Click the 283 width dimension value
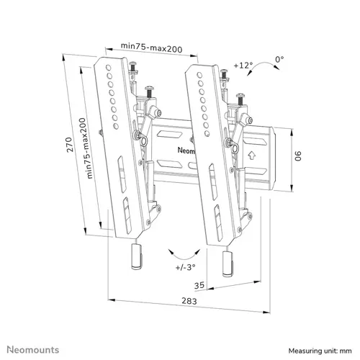pos(189,301)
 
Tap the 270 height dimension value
pos(70,145)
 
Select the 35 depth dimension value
pos(199,285)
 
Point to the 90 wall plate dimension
pos(297,156)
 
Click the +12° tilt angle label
pos(243,65)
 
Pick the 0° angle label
pos(279,59)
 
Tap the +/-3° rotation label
pos(185,267)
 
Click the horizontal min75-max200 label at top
pos(151,48)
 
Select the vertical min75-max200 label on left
pos(86,148)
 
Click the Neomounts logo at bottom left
pos(33,350)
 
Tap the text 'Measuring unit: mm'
pos(320,351)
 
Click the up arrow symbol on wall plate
pos(252,156)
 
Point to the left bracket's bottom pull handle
pos(137,256)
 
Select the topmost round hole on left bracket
pos(108,67)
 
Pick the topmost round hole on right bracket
pos(199,75)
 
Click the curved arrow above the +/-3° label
pos(184,256)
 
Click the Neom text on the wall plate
pos(186,150)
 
